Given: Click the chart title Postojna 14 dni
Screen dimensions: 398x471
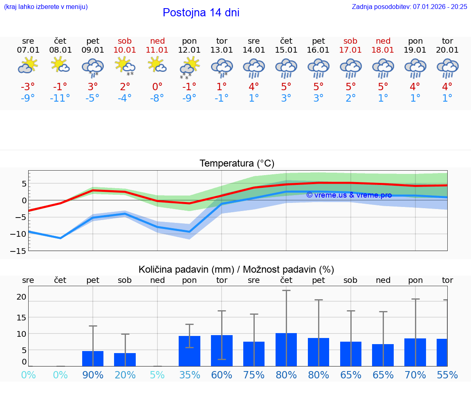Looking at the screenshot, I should pyautogui.click(x=201, y=13).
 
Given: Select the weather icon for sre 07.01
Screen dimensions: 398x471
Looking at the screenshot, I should pyautogui.click(x=28, y=65).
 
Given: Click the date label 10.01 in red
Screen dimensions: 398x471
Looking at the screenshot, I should pyautogui.click(x=125, y=50).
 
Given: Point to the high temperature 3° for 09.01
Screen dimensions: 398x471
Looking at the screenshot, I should pyautogui.click(x=93, y=87).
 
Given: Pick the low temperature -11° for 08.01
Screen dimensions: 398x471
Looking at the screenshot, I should pyautogui.click(x=60, y=98).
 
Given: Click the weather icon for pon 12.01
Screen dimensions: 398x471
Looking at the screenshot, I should pyautogui.click(x=189, y=67).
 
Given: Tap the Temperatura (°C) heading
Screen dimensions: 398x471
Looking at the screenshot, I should pyautogui.click(x=237, y=164).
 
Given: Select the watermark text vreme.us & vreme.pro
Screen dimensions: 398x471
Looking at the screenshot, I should pyautogui.click(x=349, y=195).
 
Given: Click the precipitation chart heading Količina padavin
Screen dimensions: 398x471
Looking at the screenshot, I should pyautogui.click(x=236, y=269).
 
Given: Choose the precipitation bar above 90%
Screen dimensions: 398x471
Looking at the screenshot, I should pyautogui.click(x=93, y=358).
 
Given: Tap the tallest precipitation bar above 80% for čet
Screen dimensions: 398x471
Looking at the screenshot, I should pyautogui.click(x=286, y=349).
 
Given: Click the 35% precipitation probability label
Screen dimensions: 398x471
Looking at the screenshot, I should pyautogui.click(x=189, y=375).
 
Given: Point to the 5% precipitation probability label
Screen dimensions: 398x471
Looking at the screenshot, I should pyautogui.click(x=157, y=375).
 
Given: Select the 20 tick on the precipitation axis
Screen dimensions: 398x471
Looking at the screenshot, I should pyautogui.click(x=21, y=297).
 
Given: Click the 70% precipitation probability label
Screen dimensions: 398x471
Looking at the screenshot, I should pyautogui.click(x=415, y=375).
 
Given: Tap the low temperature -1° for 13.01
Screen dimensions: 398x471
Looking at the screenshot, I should pyautogui.click(x=222, y=98).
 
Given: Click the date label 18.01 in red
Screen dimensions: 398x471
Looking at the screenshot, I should pyautogui.click(x=383, y=50).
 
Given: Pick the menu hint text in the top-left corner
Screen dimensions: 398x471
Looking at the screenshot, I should pyautogui.click(x=45, y=7).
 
